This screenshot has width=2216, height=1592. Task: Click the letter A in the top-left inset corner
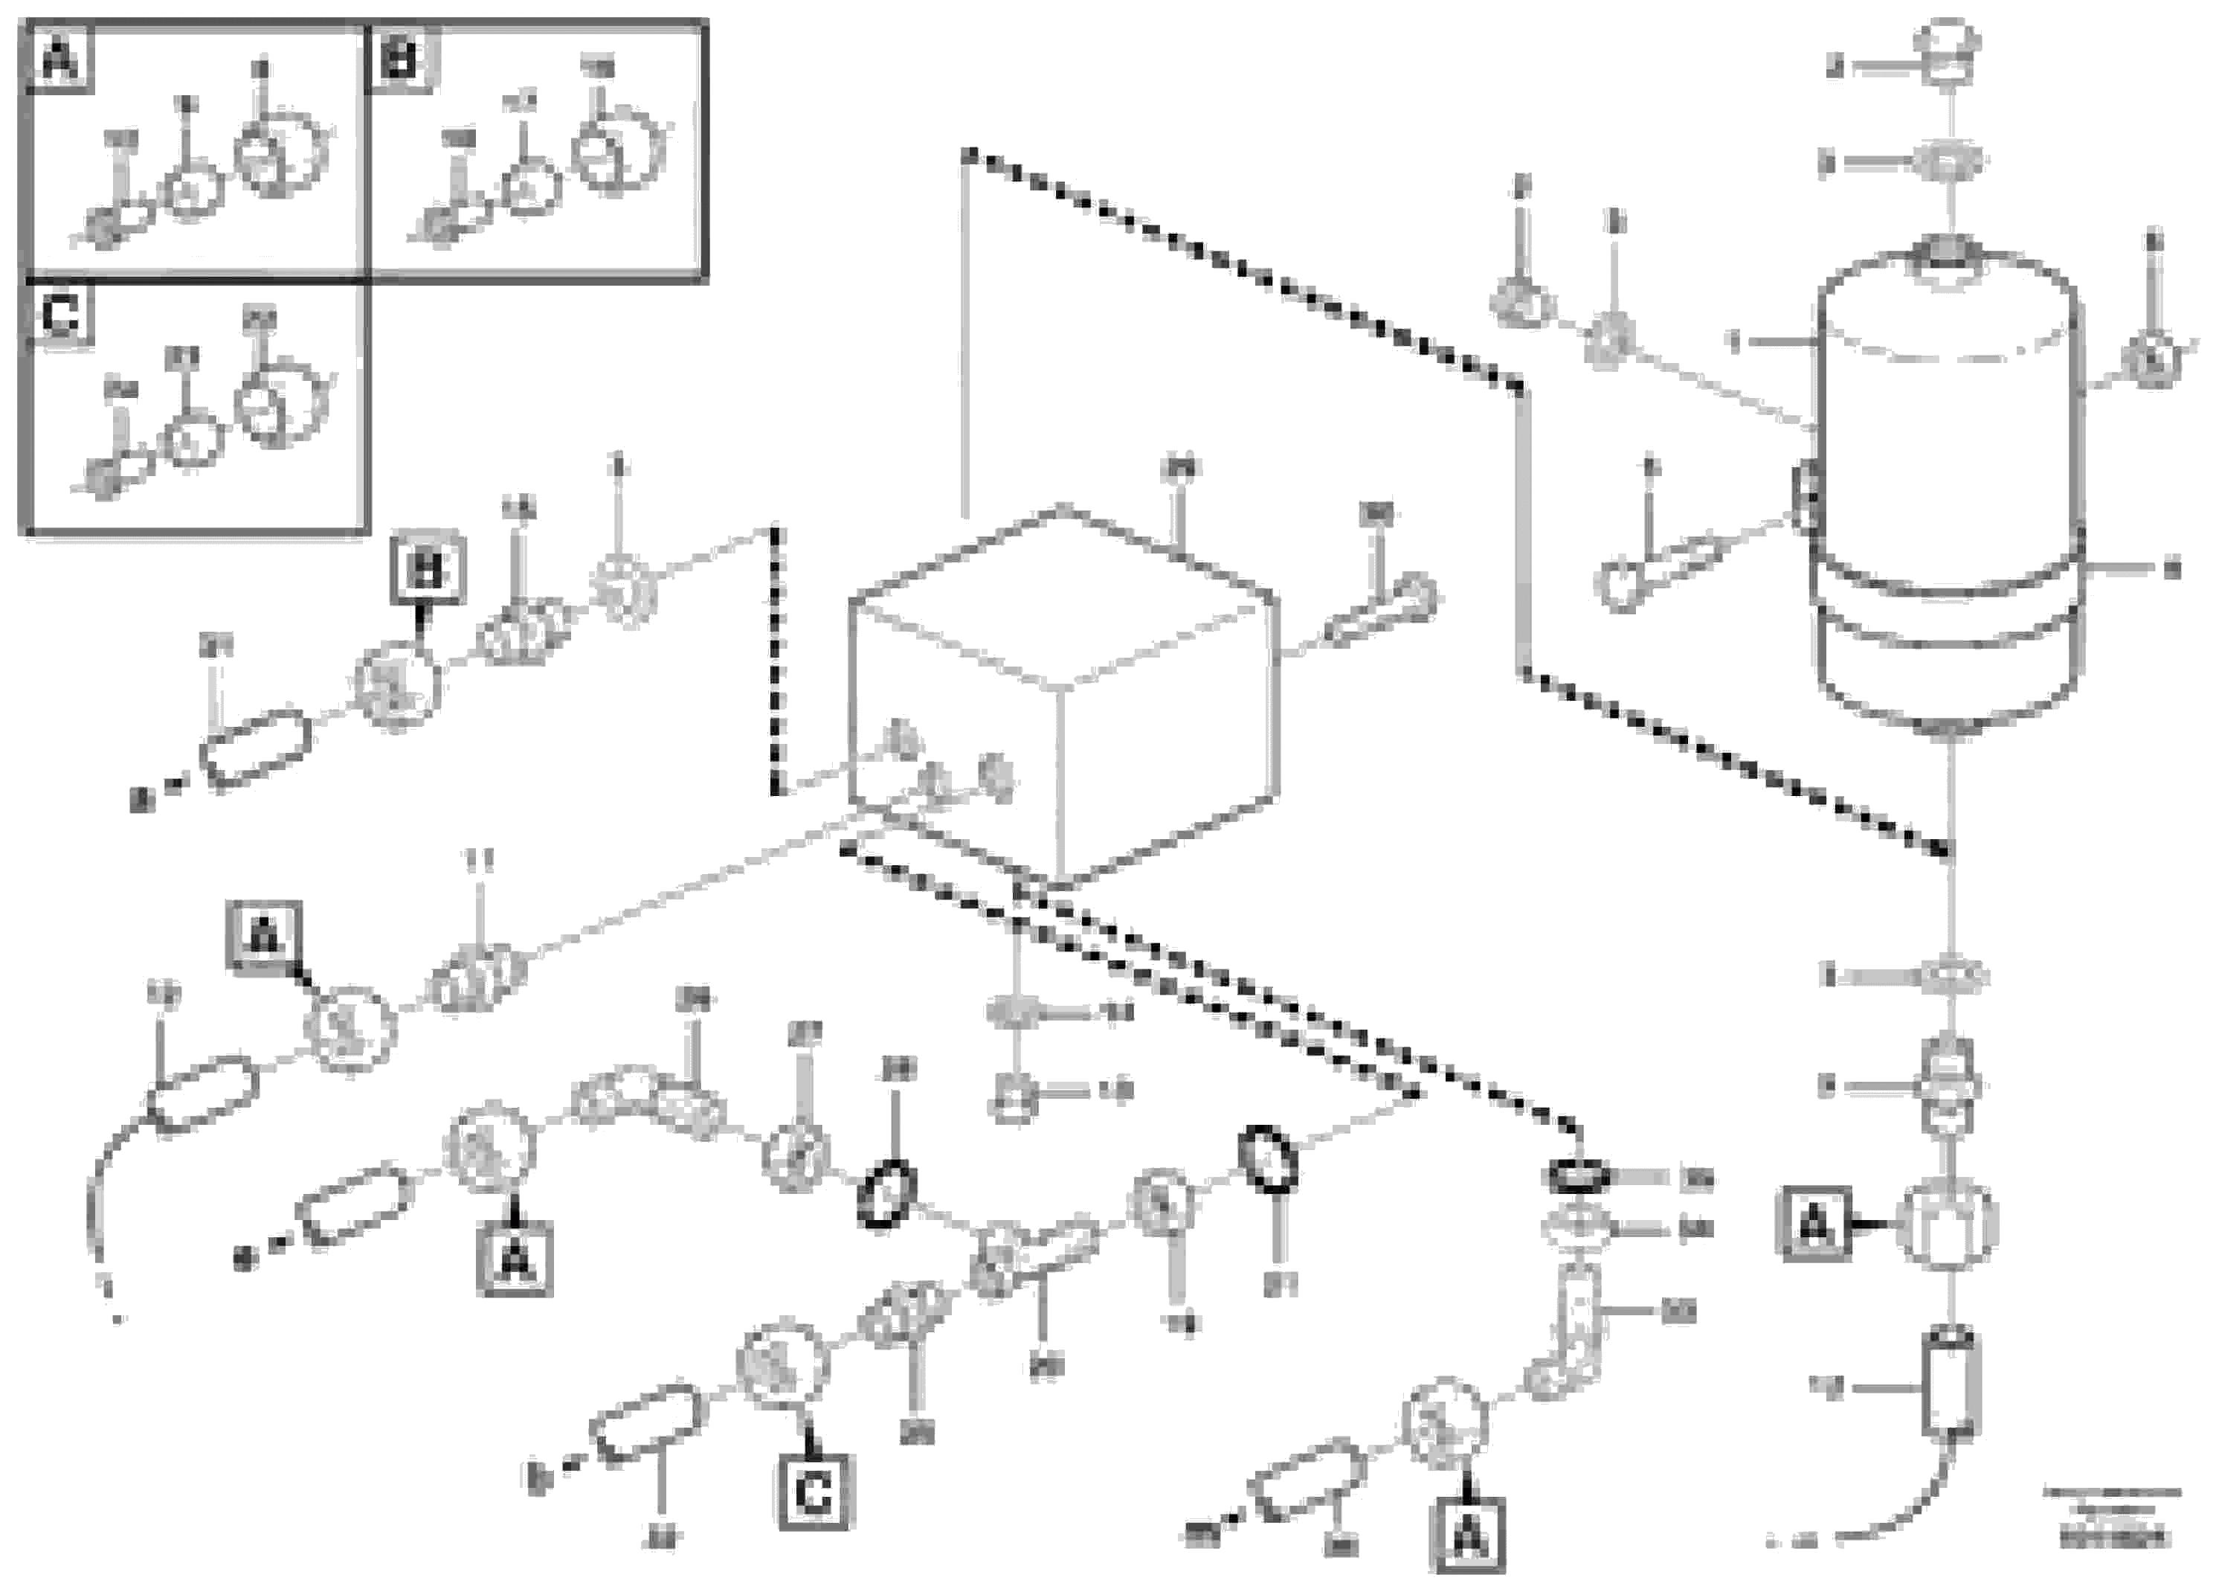tap(59, 60)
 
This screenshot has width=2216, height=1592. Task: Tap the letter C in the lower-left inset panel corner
tap(60, 315)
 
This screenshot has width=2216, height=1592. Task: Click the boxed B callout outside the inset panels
tap(427, 570)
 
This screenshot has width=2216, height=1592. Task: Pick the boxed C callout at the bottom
tap(815, 1492)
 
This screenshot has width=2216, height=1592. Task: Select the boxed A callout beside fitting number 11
tap(262, 937)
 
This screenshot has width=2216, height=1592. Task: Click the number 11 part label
tap(478, 860)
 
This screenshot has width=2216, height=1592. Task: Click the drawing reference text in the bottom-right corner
tap(2113, 1518)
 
